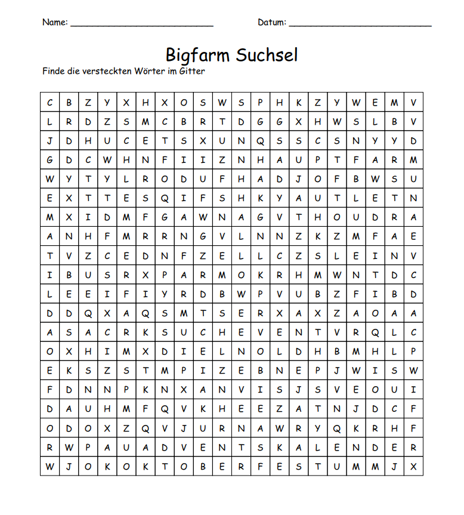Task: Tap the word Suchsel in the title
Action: pos(267,55)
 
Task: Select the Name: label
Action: pos(55,23)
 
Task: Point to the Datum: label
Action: pos(272,23)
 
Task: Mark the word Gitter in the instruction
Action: pos(191,71)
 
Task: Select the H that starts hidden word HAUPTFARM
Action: pos(260,160)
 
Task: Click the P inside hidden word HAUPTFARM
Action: pos(317,160)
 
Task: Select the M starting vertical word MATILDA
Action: pos(50,217)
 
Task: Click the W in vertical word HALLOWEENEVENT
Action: pos(241,294)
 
